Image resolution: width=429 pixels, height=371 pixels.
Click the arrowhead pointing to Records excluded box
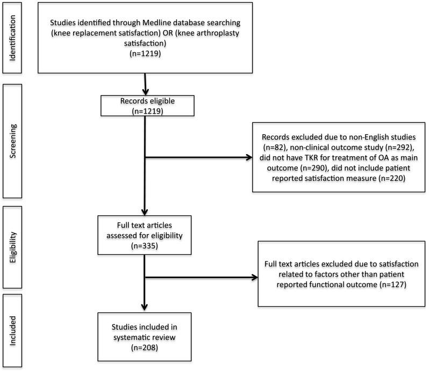pos(248,157)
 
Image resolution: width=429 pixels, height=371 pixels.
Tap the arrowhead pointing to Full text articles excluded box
pos(255,278)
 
